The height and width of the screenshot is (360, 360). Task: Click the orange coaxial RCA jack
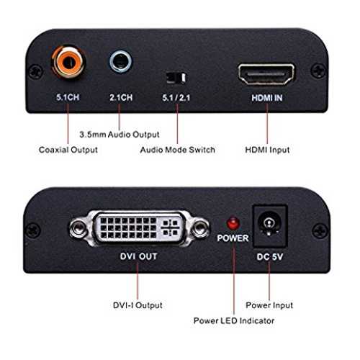click(x=69, y=62)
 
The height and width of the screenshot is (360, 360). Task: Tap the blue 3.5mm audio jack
click(x=121, y=61)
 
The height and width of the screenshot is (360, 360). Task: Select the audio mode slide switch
click(x=176, y=78)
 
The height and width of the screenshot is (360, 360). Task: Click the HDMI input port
click(x=266, y=74)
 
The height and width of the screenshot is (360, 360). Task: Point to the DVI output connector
click(x=140, y=228)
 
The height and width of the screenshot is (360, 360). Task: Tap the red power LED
click(x=233, y=223)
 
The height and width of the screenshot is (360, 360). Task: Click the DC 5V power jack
click(x=270, y=225)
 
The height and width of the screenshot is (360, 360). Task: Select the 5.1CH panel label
click(x=68, y=97)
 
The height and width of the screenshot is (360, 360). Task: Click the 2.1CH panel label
click(x=121, y=97)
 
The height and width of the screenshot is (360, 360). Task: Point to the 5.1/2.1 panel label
click(x=176, y=98)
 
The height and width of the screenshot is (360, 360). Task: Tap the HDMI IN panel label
click(x=267, y=98)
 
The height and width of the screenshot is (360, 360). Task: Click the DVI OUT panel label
click(x=138, y=256)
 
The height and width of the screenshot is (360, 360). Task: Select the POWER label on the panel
click(x=233, y=238)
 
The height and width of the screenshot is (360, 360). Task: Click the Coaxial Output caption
click(x=68, y=150)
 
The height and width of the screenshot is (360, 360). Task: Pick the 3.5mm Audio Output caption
click(x=120, y=135)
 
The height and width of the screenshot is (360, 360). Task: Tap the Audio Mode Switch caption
click(x=178, y=150)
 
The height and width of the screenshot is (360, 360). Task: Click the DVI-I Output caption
click(x=138, y=305)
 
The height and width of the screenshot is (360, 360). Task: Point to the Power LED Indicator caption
click(x=234, y=320)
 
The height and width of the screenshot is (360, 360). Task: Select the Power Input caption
click(x=269, y=305)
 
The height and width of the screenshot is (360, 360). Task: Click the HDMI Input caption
click(x=267, y=150)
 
